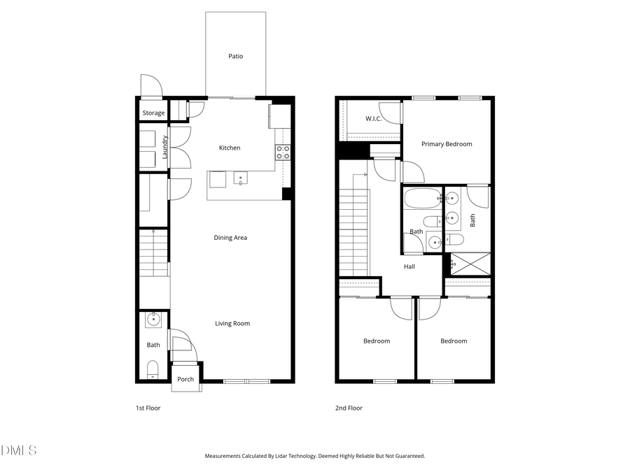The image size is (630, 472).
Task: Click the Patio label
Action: point(236,56)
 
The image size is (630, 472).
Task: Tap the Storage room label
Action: point(153,113)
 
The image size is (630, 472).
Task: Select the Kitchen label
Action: point(230,148)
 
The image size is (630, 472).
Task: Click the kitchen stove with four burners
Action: point(283,152)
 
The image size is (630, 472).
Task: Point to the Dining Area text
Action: point(230,238)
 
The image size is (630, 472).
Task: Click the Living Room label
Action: point(232,323)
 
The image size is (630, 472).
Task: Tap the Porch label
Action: point(185,379)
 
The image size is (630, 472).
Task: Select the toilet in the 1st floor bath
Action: point(153,369)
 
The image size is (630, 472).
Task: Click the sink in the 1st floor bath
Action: point(153,320)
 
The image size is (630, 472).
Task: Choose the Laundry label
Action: point(165,147)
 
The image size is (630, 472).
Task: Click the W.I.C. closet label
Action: point(373,118)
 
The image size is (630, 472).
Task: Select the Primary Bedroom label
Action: point(447,144)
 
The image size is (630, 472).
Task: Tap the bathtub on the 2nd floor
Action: point(422,199)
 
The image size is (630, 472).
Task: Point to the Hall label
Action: point(409,266)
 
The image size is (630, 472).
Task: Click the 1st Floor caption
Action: point(148,408)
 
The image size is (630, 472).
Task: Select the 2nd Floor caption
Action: point(349,408)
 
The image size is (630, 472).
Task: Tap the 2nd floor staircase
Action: point(353,231)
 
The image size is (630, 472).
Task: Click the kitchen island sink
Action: point(241,179)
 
